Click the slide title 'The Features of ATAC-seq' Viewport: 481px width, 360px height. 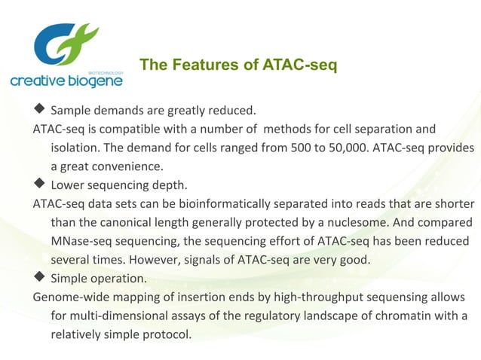coord(238,66)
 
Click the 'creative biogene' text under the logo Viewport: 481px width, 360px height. coord(66,81)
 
